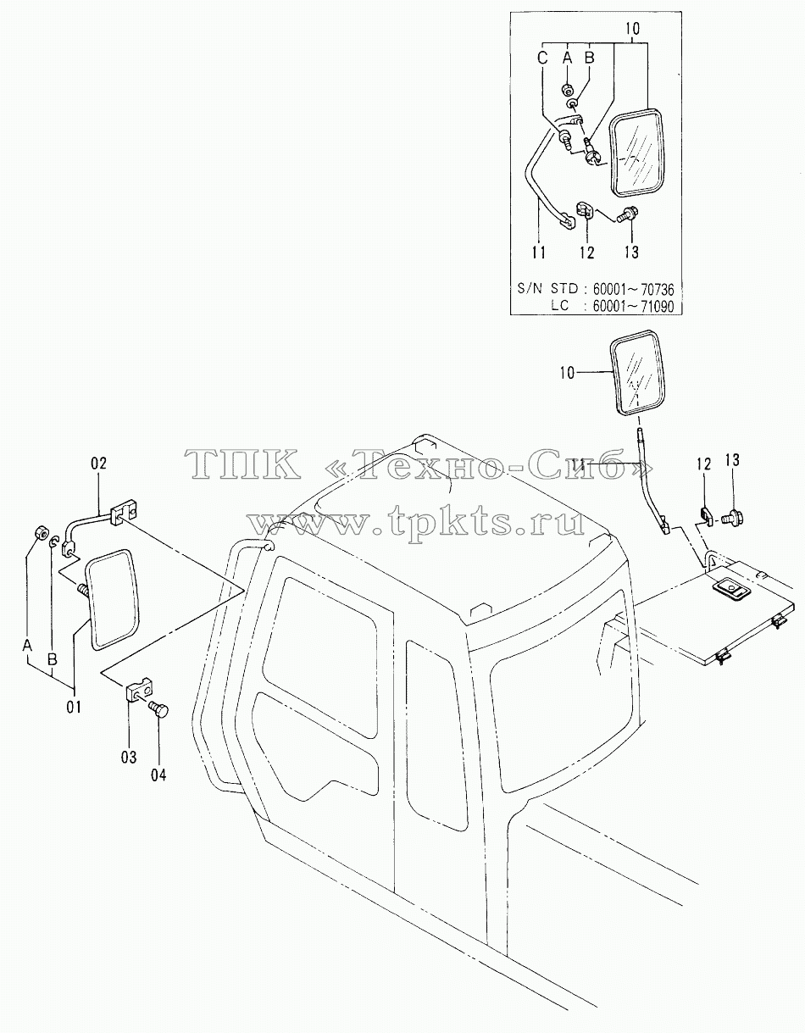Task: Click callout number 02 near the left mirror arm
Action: tap(99, 463)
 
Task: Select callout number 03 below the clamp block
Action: tap(129, 757)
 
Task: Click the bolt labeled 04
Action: tap(158, 710)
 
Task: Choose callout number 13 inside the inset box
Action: tap(631, 253)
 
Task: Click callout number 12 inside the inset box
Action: tap(587, 253)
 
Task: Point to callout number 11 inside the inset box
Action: tap(539, 253)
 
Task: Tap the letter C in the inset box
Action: tap(542, 58)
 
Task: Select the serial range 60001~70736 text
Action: tap(633, 289)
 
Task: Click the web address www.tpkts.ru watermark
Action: tap(417, 522)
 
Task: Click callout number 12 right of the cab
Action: tap(704, 464)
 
